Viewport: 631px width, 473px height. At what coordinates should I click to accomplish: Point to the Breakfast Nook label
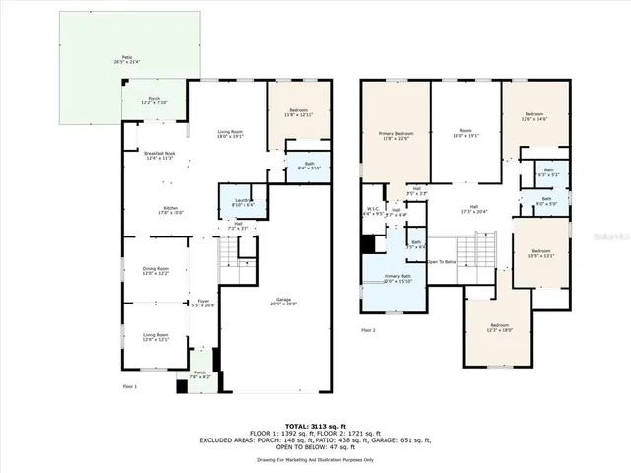159,155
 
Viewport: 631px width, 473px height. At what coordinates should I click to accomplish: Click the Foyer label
202,304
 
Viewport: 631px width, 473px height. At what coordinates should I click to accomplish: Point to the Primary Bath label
397,279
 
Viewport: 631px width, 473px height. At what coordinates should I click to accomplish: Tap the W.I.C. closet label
372,211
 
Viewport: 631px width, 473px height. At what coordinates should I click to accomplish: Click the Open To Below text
442,262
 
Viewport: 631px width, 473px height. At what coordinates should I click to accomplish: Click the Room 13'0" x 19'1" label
465,134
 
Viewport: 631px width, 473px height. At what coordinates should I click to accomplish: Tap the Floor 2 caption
369,329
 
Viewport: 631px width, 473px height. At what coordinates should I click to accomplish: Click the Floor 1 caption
129,387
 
